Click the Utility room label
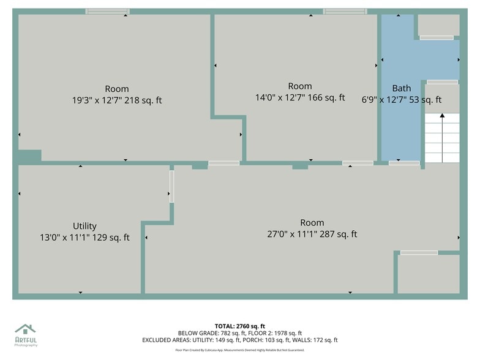click(84, 226)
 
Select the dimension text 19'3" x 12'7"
click(97, 100)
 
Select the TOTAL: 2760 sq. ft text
click(239, 326)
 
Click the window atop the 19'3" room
click(107, 11)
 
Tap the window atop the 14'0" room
click(345, 11)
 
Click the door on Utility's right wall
click(171, 186)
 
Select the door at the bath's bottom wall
click(404, 163)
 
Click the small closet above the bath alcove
click(438, 25)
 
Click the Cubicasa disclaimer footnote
click(239, 350)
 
